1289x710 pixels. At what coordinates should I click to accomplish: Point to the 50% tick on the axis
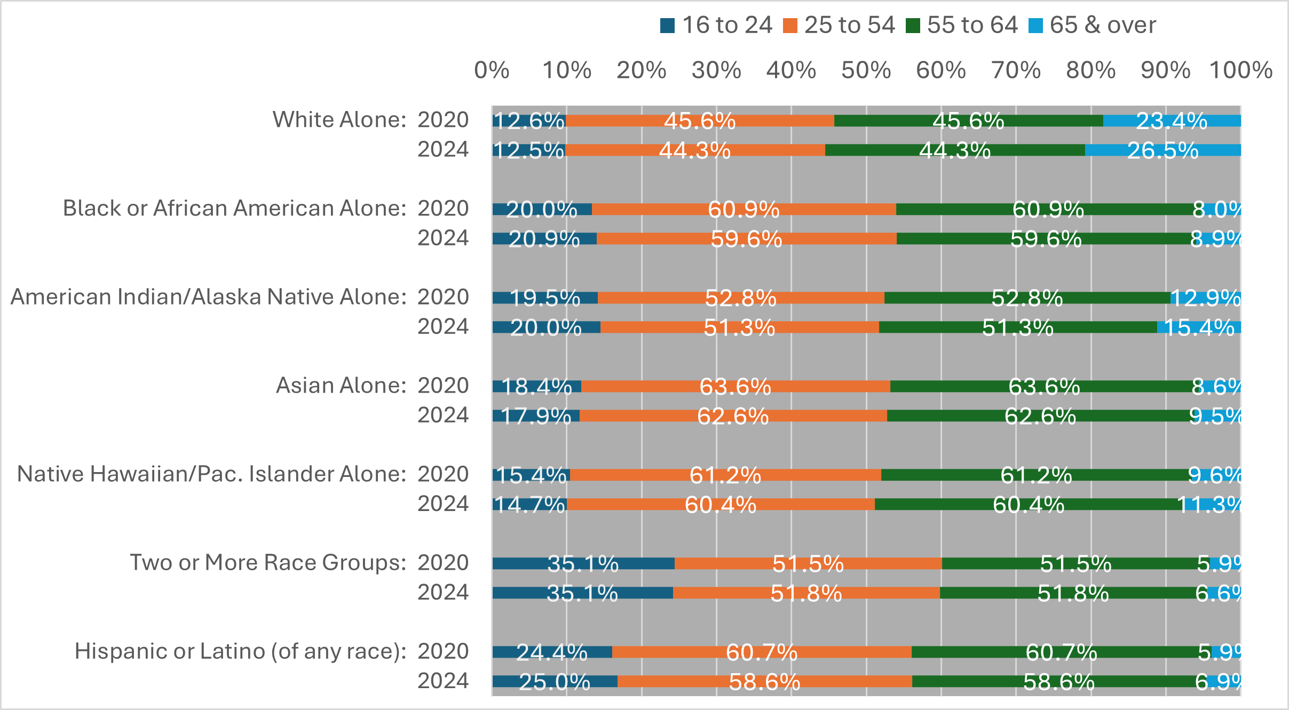[x=866, y=70]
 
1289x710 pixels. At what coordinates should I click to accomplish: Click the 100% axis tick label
[x=1240, y=70]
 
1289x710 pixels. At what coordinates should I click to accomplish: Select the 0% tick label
[x=492, y=70]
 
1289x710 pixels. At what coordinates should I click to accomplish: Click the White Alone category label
[x=339, y=119]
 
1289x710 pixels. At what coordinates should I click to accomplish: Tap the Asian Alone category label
[x=341, y=385]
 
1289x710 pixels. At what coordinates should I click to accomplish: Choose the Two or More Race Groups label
[x=268, y=562]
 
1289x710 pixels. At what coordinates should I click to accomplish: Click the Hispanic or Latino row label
[x=240, y=651]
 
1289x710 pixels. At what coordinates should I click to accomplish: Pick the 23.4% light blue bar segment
[x=1172, y=121]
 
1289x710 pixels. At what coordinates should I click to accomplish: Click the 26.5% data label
[x=1163, y=150]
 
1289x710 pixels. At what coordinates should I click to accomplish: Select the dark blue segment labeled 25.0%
[x=554, y=682]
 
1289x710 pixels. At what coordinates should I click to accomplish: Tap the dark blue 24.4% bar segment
[x=552, y=652]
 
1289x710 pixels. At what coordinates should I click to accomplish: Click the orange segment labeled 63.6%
[x=735, y=386]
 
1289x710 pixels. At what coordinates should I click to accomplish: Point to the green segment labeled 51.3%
[x=1017, y=327]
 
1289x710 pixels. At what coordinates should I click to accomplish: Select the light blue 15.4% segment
[x=1199, y=327]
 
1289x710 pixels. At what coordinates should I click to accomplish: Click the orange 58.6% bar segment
[x=764, y=682]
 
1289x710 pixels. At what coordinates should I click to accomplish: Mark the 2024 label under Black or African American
[x=442, y=238]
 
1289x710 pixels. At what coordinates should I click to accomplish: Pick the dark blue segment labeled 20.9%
[x=544, y=239]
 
